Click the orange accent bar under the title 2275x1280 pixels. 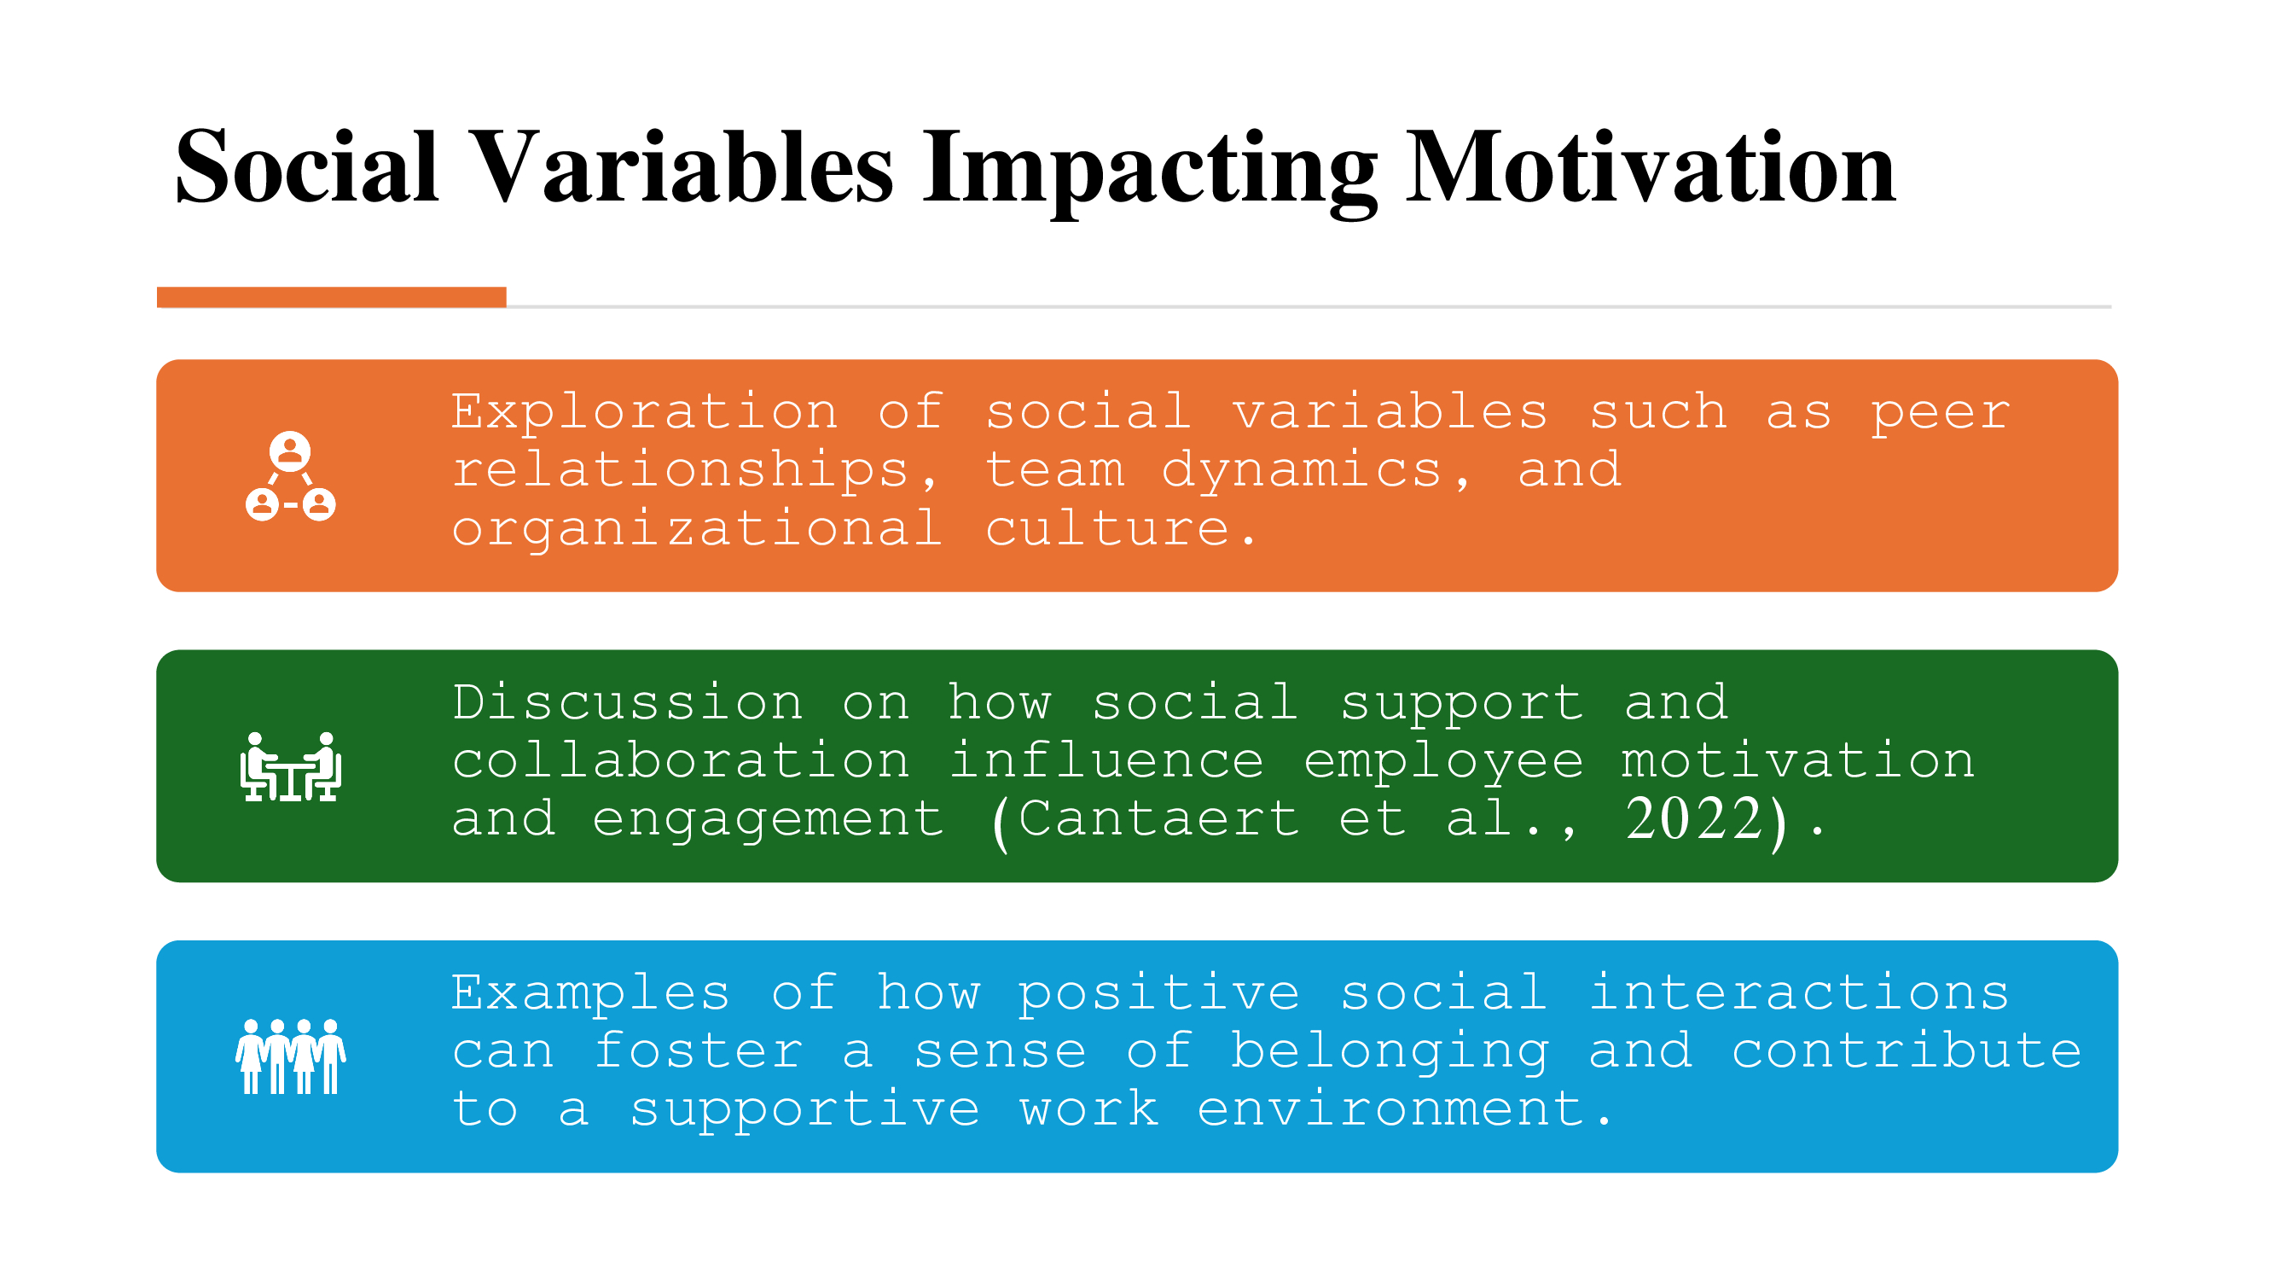[331, 297]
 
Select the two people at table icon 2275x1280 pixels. [291, 766]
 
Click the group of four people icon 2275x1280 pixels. [291, 1056]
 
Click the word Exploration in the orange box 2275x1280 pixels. [645, 411]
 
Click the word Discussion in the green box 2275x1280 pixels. [627, 702]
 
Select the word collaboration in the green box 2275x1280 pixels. [681, 760]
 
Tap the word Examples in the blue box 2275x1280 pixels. [591, 992]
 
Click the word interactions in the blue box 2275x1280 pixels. [1799, 992]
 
